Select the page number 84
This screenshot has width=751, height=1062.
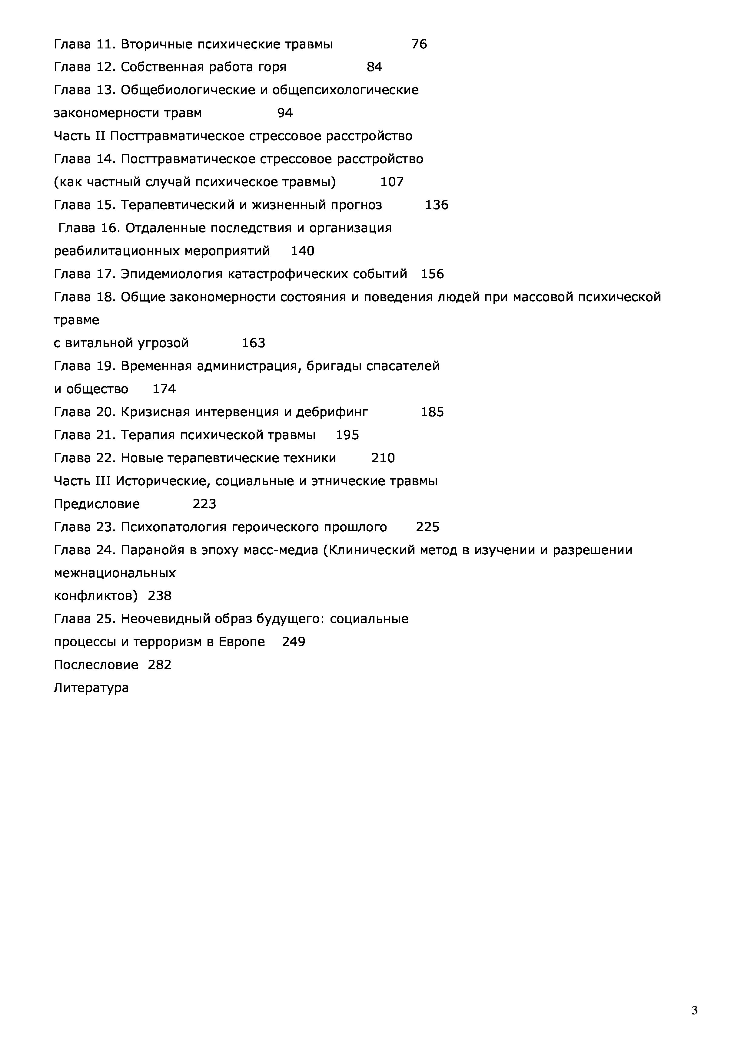click(x=374, y=67)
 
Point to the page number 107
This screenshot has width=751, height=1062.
click(x=392, y=182)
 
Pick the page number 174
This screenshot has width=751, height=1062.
click(x=164, y=389)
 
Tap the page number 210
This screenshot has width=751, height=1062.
click(x=383, y=458)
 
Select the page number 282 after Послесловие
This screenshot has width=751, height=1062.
click(x=160, y=665)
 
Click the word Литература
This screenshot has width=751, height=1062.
click(x=91, y=688)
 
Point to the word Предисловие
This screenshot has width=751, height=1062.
click(x=97, y=504)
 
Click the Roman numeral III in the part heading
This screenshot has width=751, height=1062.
click(x=100, y=481)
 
